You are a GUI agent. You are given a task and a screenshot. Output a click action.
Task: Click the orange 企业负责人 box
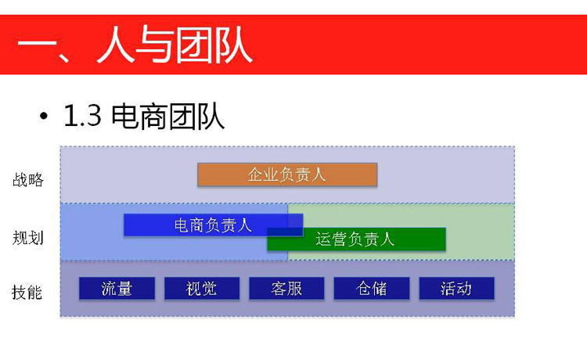pos(287,175)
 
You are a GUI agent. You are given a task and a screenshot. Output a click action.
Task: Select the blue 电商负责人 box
pos(213,225)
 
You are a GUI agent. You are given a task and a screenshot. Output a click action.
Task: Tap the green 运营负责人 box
pos(356,239)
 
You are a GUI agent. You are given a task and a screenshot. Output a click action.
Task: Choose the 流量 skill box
pos(117,288)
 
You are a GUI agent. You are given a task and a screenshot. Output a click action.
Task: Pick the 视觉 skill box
pos(202,288)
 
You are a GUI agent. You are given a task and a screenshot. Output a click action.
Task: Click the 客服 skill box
pos(286,288)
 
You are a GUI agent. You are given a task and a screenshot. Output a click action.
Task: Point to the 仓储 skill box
pos(371,288)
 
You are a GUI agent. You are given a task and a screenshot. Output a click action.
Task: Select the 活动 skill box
pos(456,288)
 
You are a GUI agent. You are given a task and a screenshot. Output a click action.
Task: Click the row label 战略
pos(28,180)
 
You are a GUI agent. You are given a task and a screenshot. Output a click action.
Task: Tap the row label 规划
pos(28,238)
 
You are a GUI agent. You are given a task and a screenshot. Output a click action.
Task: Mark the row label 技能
pos(27,292)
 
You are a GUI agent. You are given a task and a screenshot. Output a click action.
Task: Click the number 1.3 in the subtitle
pos(82,116)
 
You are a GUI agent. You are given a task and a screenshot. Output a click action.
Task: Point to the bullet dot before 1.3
pos(44,116)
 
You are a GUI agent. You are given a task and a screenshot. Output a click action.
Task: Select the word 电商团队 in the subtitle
pos(167,117)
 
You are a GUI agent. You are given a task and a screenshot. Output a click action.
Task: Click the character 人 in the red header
pos(115,44)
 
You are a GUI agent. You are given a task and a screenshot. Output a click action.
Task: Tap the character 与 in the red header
pos(154,44)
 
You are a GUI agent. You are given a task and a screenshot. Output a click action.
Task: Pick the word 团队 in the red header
pos(214,45)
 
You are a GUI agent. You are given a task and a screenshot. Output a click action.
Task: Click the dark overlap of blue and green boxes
pos(285,232)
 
